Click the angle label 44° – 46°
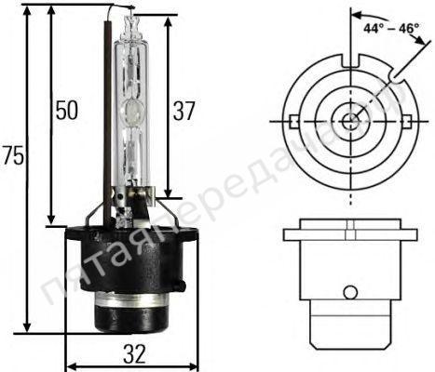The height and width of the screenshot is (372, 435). coord(392,28)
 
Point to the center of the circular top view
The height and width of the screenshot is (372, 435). coord(350,121)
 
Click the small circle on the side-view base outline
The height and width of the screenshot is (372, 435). coord(349,292)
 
